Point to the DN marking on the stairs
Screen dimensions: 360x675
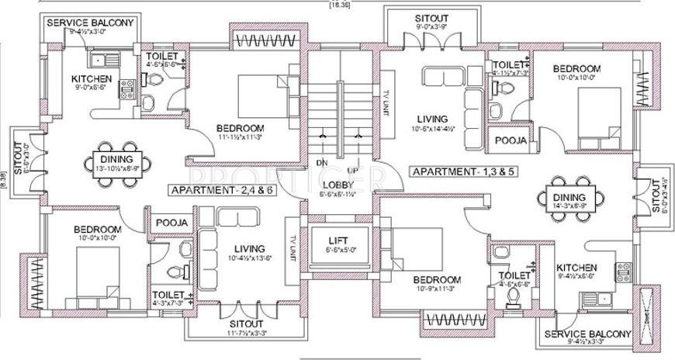click(320, 162)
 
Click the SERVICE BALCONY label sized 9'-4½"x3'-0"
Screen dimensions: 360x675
click(91, 22)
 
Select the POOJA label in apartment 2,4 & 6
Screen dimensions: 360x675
click(171, 223)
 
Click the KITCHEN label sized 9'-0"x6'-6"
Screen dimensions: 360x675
click(92, 79)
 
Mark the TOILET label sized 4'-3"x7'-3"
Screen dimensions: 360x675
click(168, 295)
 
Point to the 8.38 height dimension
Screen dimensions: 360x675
click(4, 176)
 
